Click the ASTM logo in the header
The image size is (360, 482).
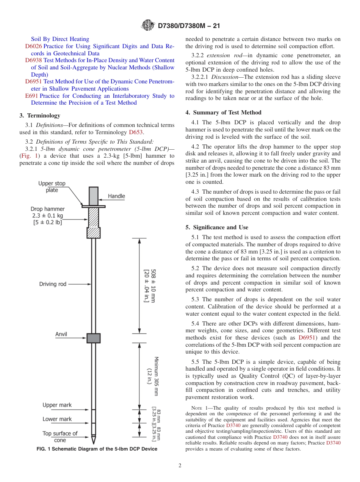(147, 25)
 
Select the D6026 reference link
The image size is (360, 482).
(33, 46)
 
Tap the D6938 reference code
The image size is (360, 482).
(33, 60)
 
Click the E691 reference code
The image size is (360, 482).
(31, 96)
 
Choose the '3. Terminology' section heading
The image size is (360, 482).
(40, 116)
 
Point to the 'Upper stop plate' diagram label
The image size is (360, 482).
(52, 187)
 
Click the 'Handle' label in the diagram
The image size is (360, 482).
(116, 196)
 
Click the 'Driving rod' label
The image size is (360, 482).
(53, 284)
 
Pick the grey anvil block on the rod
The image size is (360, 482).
(93, 338)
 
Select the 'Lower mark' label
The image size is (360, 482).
(57, 419)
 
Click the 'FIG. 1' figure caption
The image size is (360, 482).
(97, 449)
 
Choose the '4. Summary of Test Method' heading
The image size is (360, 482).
(223, 113)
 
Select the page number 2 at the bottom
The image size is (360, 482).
(180, 466)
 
